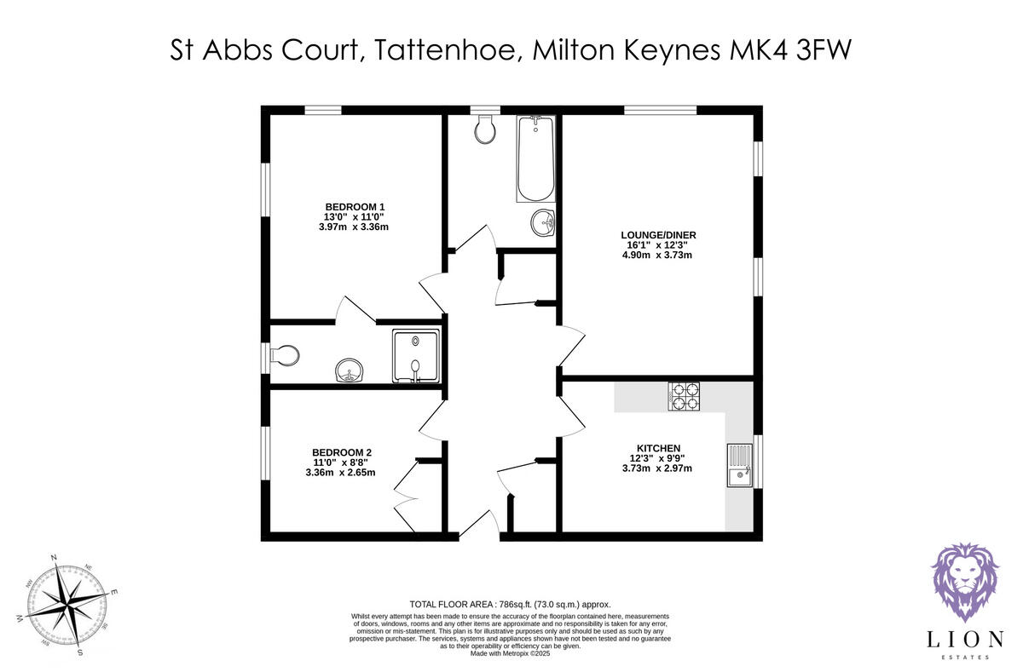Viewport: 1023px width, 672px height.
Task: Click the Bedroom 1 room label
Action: pyautogui.click(x=355, y=207)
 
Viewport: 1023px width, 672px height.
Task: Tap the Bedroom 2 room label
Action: pyautogui.click(x=342, y=452)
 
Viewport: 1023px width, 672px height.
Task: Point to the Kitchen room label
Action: pyautogui.click(x=657, y=448)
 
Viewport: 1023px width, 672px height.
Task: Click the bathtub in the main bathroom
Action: pyautogui.click(x=535, y=158)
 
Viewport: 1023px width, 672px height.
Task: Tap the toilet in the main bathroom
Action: pyautogui.click(x=485, y=129)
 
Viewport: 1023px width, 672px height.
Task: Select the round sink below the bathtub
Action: pyautogui.click(x=541, y=224)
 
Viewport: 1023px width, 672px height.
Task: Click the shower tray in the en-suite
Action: pyautogui.click(x=415, y=356)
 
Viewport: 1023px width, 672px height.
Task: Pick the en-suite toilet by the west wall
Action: pyautogui.click(x=285, y=355)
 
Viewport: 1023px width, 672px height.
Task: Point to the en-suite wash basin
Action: pyautogui.click(x=350, y=370)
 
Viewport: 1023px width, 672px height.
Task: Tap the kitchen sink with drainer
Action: pyautogui.click(x=739, y=465)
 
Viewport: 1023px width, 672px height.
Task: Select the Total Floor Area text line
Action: pyautogui.click(x=511, y=603)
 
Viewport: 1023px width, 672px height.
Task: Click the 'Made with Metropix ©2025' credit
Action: pyautogui.click(x=511, y=653)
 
